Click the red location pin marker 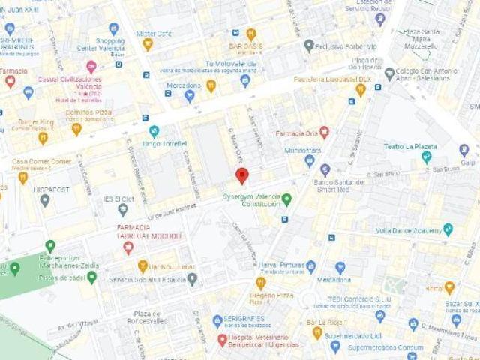pyautogui.click(x=241, y=176)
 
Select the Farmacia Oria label pyautogui.click(x=296, y=133)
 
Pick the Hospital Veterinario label pyautogui.click(x=265, y=340)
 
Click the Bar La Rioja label pyautogui.click(x=340, y=323)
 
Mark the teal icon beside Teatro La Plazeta pyautogui.click(x=427, y=157)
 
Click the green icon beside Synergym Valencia pyautogui.click(x=286, y=199)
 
